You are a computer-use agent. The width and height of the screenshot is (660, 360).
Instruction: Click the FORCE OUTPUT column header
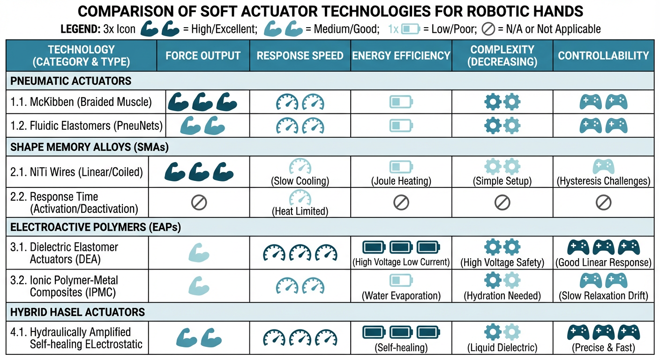click(203, 56)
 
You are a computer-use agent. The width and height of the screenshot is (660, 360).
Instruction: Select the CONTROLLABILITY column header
click(603, 56)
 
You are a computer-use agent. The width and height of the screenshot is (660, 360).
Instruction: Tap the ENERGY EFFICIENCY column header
click(401, 56)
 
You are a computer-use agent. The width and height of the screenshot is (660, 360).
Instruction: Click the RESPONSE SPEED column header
click(300, 56)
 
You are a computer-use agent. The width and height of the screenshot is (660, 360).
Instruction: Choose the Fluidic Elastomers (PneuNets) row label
click(86, 125)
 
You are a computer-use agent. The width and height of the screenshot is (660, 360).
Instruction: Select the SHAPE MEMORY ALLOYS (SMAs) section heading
click(89, 147)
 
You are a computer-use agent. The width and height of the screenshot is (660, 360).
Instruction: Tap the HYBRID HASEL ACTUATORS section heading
click(78, 312)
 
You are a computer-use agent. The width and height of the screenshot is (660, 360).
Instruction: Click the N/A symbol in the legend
click(488, 29)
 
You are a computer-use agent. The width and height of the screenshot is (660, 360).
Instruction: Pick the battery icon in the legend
click(411, 29)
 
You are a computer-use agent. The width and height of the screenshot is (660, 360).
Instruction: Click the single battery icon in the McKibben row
click(401, 101)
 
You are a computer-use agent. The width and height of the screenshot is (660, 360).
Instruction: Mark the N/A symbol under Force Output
click(199, 202)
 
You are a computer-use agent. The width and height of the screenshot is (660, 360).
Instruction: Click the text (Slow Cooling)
click(300, 181)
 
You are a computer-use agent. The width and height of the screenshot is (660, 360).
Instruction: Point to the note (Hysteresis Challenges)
click(603, 181)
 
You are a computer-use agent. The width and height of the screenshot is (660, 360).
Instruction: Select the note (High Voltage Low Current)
click(401, 262)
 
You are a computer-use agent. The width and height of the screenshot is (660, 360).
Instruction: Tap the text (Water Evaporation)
click(401, 296)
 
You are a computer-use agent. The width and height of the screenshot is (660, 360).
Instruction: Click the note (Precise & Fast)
click(603, 348)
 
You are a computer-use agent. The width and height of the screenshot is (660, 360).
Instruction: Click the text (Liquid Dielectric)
click(502, 348)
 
